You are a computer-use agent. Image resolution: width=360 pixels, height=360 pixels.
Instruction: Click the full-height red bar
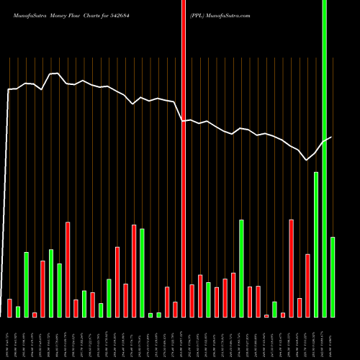(x=184, y=158)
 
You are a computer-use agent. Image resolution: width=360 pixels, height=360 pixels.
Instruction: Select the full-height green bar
(x=324, y=158)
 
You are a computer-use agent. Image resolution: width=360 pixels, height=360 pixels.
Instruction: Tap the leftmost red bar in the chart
(x=9, y=308)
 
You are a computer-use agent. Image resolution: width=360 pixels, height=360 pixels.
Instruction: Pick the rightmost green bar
(x=333, y=277)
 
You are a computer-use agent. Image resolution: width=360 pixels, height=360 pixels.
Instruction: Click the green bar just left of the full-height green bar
(x=316, y=245)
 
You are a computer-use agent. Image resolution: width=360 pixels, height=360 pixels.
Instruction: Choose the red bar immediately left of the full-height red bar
(x=175, y=310)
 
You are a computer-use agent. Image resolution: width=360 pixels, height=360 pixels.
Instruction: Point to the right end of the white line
(x=331, y=137)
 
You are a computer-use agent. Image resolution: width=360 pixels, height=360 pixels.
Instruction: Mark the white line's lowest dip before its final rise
(x=307, y=160)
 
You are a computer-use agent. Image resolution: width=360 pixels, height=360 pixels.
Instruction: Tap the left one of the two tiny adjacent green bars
(x=150, y=315)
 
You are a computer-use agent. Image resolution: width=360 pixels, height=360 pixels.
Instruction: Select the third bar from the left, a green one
(x=26, y=284)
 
